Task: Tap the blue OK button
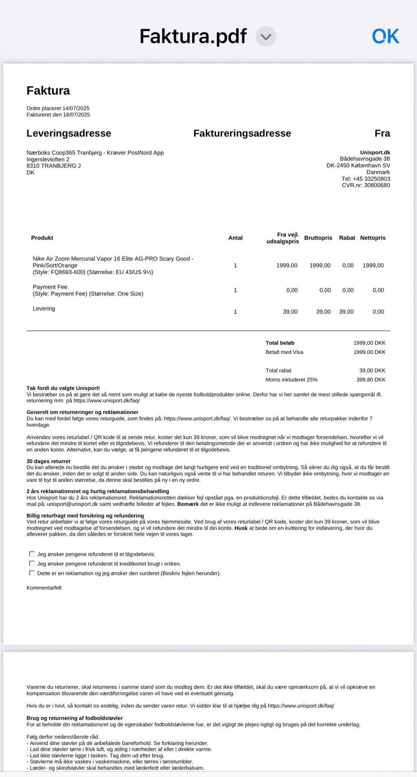[385, 36]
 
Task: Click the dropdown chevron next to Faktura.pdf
[266, 36]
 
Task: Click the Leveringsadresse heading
[69, 133]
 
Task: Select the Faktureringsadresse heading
[242, 133]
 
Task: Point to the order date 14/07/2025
[76, 108]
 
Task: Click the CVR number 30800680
[377, 185]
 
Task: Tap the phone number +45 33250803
[371, 179]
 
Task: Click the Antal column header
[235, 238]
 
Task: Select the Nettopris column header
[373, 238]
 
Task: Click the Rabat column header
[347, 238]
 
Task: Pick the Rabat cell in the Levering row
[346, 311]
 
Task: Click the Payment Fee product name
[50, 287]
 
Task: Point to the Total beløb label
[280, 343]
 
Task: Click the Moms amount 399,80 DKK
[371, 380]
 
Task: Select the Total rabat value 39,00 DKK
[372, 370]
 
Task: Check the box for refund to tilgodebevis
[32, 554]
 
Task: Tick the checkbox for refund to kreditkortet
[32, 564]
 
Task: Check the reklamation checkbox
[32, 573]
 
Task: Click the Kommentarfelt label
[44, 588]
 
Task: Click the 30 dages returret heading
[48, 461]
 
